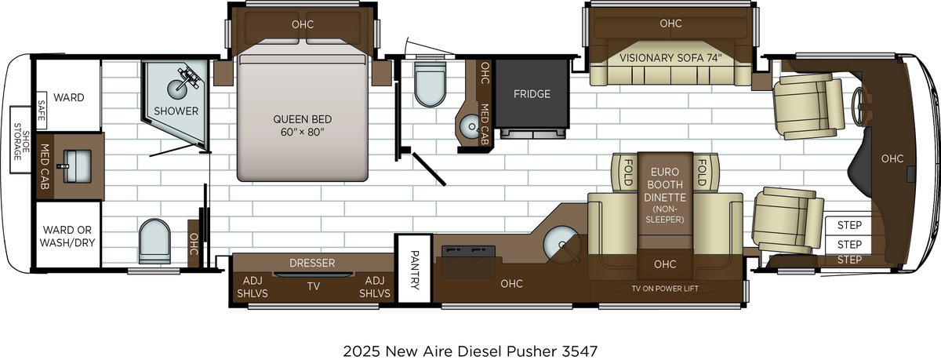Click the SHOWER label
pyautogui.click(x=176, y=111)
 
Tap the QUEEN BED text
pyautogui.click(x=302, y=125)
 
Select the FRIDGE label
pyautogui.click(x=532, y=94)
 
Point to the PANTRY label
pyautogui.click(x=415, y=270)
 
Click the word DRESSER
pyautogui.click(x=312, y=264)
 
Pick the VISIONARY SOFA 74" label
pyautogui.click(x=670, y=58)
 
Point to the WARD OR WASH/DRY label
pyautogui.click(x=67, y=236)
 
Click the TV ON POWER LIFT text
pyautogui.click(x=665, y=289)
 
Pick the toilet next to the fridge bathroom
pyautogui.click(x=429, y=84)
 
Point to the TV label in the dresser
pyautogui.click(x=313, y=286)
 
